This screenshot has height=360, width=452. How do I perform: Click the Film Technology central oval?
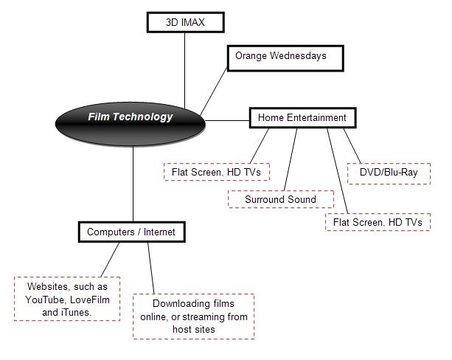point(131,117)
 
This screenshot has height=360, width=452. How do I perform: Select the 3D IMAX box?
point(185,23)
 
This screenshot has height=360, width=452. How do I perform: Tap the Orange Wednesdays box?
point(285,56)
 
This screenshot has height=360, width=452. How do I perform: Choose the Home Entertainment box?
point(302,117)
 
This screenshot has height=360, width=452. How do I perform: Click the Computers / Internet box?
point(131,232)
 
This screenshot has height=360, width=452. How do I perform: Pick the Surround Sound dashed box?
point(279,199)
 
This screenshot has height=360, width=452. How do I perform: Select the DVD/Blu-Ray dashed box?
point(388,173)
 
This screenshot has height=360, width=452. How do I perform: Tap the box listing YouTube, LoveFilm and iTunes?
point(68,300)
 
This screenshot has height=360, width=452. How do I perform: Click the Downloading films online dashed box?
point(193,316)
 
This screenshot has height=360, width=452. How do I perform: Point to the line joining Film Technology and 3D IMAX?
point(185,66)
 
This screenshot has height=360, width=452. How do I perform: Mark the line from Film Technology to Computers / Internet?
point(133,184)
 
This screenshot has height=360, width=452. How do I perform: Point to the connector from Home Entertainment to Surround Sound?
point(290,159)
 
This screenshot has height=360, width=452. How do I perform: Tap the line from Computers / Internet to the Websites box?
point(109,260)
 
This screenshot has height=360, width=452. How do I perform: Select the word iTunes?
point(80,312)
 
